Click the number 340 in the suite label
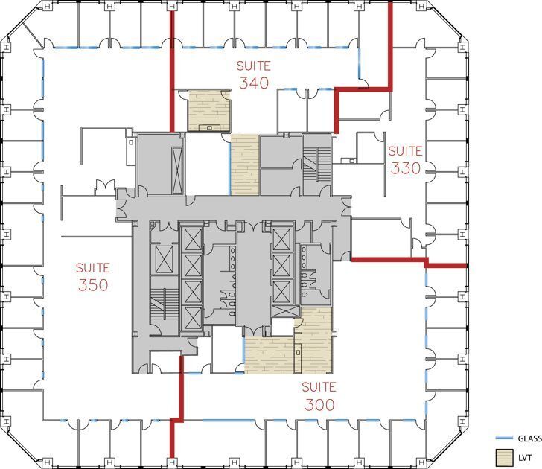254,83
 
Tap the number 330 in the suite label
405,168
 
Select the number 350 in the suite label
93,285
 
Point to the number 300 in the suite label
319,405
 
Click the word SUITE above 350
93,267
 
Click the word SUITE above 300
319,387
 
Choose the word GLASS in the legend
529,438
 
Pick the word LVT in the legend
523,455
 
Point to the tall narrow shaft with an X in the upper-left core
177,165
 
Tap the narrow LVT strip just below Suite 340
243,165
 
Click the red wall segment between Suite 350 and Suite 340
172,71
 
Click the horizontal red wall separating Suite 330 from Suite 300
387,260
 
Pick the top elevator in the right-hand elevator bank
281,239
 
